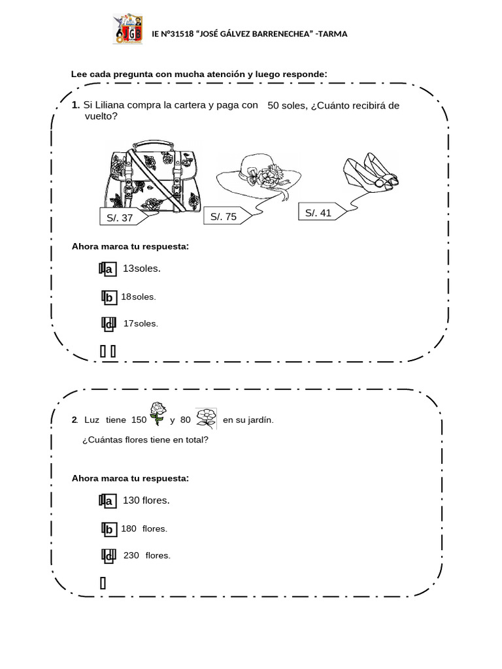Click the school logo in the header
click(127, 29)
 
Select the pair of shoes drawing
click(370, 171)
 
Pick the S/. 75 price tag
click(226, 216)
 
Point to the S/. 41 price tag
click(321, 213)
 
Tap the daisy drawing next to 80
click(207, 416)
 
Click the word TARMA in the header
click(333, 34)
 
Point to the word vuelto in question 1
click(101, 116)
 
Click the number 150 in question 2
click(139, 419)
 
